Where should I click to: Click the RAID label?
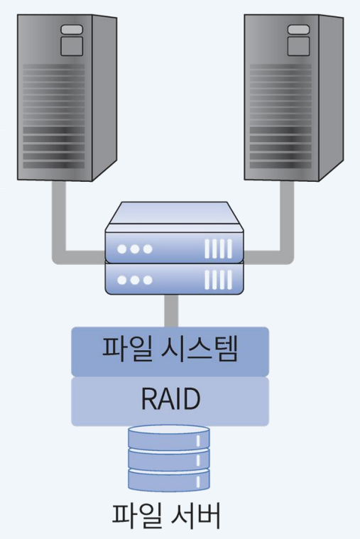(170, 401)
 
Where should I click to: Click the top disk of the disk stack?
(169, 436)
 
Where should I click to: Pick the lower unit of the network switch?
(174, 278)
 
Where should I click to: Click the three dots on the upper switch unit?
(135, 249)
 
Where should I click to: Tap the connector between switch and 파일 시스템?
(170, 311)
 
